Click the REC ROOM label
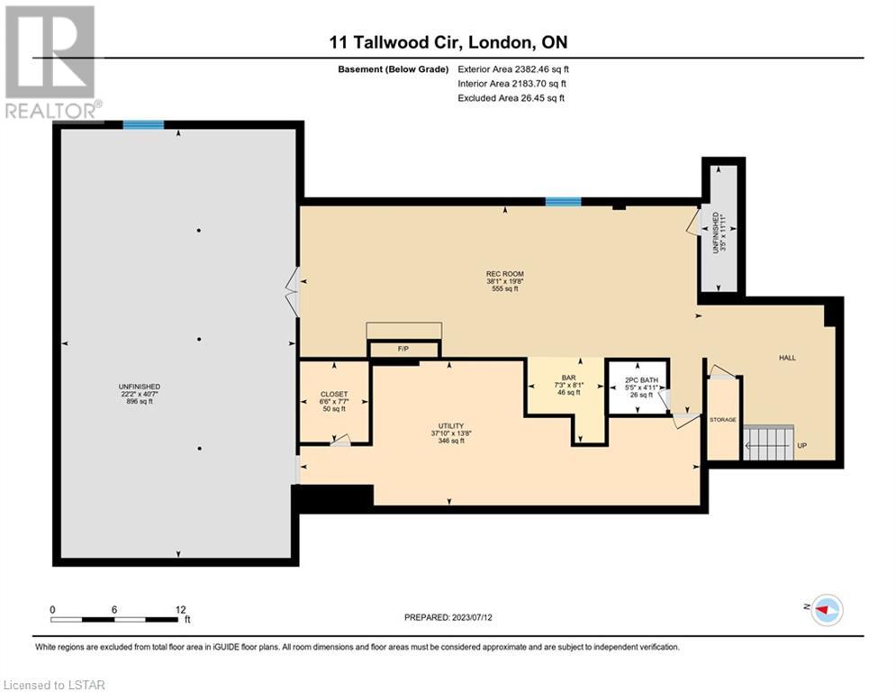coord(505,274)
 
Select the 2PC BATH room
coord(638,387)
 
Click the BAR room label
coord(568,378)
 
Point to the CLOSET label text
coord(334,394)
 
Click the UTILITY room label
coord(451,426)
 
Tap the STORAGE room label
coord(723,420)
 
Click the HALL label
coord(787,358)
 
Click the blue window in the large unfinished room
coord(143,124)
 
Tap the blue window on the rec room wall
coord(563,201)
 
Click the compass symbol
coord(827,610)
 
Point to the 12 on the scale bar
coord(181,610)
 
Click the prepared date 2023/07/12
coord(472,617)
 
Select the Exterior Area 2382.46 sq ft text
coord(513,69)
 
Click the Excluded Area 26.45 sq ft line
coord(511,98)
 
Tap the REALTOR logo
coord(51,63)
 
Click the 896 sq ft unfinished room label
coord(140,402)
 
